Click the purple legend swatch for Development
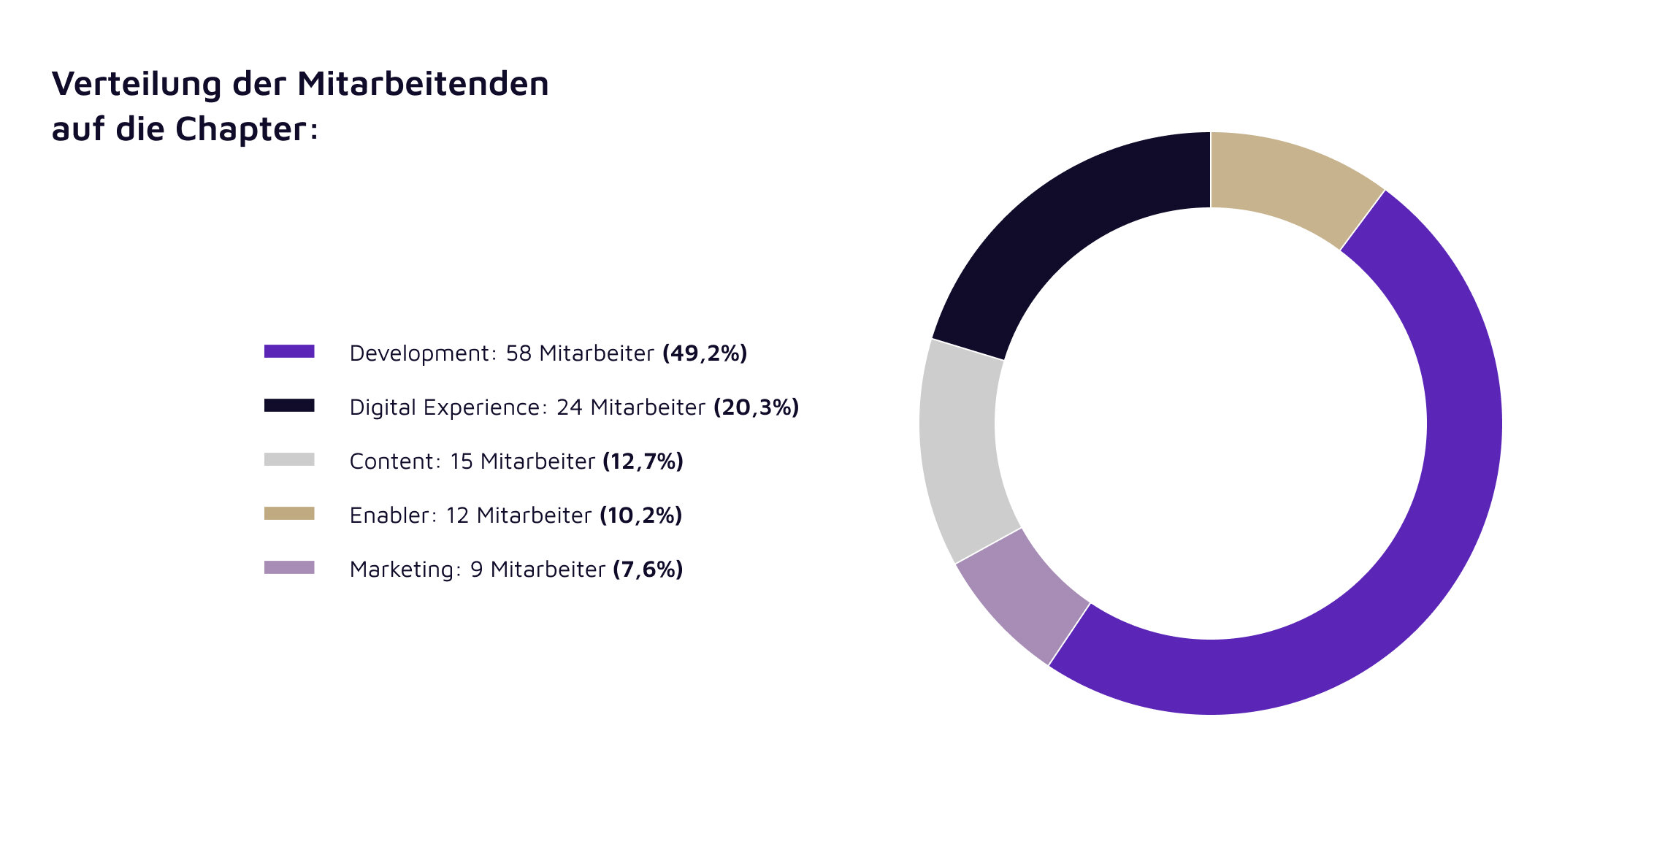click(x=289, y=352)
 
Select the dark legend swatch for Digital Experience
click(x=289, y=406)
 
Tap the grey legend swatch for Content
click(x=289, y=460)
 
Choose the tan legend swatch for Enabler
click(x=289, y=514)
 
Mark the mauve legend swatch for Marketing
click(x=289, y=568)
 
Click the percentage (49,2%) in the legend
click(x=705, y=353)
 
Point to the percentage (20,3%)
click(x=756, y=407)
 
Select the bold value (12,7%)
click(x=643, y=461)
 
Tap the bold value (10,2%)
click(x=640, y=516)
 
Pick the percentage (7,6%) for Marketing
click(x=648, y=570)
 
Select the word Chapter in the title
click(x=241, y=129)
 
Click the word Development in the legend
click(x=419, y=353)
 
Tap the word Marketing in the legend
click(x=402, y=570)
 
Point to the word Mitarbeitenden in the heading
click(x=423, y=84)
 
